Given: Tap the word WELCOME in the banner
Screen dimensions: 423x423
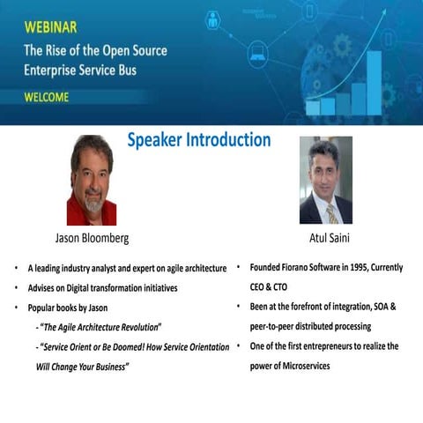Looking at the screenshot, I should (47, 98).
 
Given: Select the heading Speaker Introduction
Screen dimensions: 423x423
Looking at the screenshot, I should (198, 140).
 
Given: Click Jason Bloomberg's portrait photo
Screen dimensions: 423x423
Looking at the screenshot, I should (91, 180).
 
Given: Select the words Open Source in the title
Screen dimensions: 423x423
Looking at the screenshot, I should (134, 50).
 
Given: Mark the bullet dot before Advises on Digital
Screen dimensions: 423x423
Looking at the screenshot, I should (17, 288).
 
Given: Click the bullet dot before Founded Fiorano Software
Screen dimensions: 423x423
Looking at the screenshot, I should (240, 267).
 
